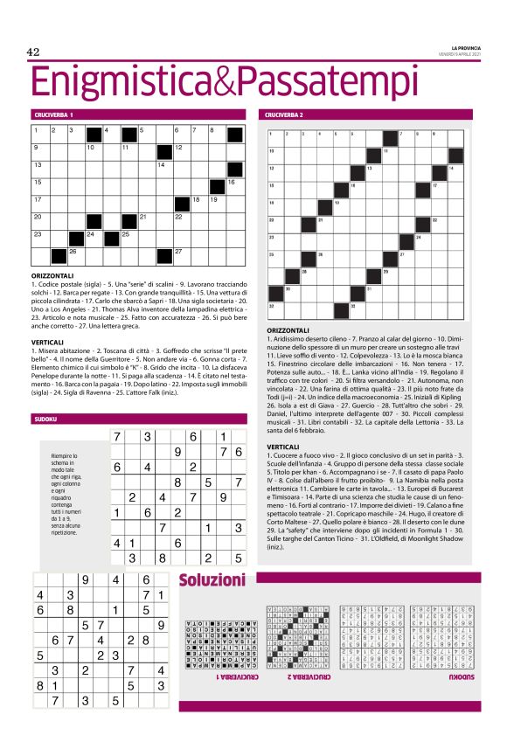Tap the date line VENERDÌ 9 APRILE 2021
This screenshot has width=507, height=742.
coord(455,53)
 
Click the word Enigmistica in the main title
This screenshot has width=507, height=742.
coord(122,81)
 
